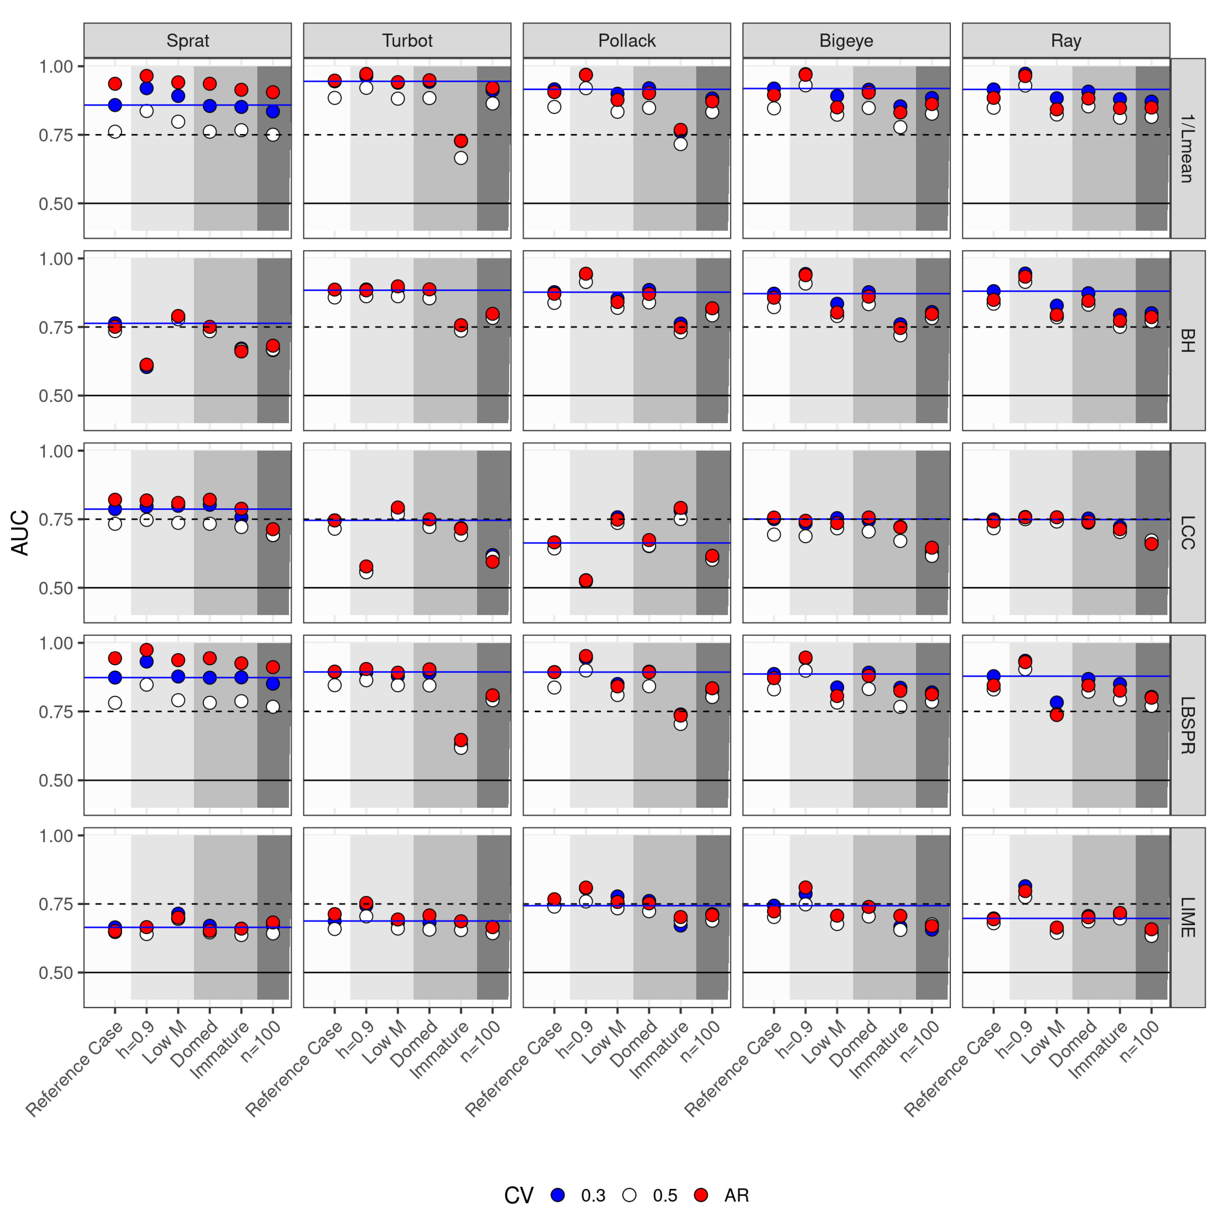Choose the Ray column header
pyautogui.click(x=1066, y=41)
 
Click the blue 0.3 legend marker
pyautogui.click(x=558, y=1195)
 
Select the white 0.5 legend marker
pyautogui.click(x=630, y=1195)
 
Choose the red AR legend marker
pyautogui.click(x=701, y=1195)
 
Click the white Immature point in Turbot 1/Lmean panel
pyautogui.click(x=461, y=158)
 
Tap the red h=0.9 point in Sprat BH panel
pyautogui.click(x=147, y=364)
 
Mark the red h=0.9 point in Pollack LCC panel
pyautogui.click(x=586, y=580)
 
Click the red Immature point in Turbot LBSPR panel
pyautogui.click(x=461, y=740)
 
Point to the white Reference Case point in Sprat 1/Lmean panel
pyautogui.click(x=115, y=132)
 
